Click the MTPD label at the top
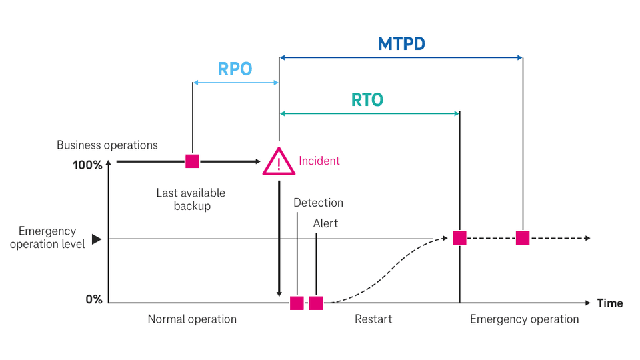(401, 44)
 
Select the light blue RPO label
(235, 69)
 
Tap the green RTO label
(367, 100)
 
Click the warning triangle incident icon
(279, 162)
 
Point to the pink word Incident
(319, 161)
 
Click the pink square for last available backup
(192, 161)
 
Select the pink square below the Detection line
(297, 303)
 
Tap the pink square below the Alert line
(316, 303)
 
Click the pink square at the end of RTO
(459, 238)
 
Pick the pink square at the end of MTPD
(523, 238)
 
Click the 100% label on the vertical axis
(87, 165)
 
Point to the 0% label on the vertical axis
(94, 299)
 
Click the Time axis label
(609, 303)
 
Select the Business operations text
(107, 145)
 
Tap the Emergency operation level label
(47, 237)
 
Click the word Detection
(318, 203)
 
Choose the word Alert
(325, 223)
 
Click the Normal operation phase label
(192, 319)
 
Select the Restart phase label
(373, 319)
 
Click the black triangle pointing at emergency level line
(96, 239)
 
